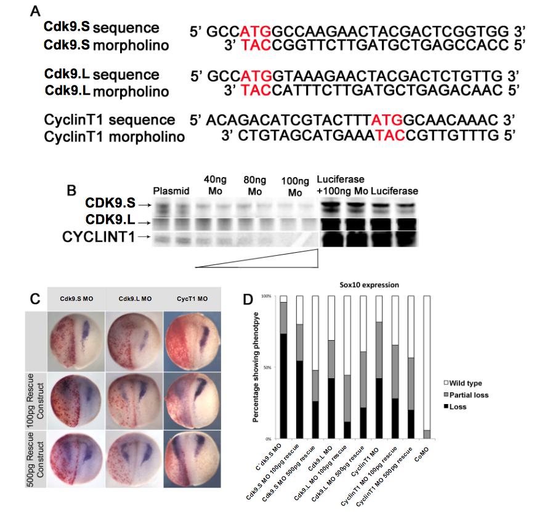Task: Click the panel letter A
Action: [42, 11]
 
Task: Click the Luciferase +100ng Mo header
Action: [341, 184]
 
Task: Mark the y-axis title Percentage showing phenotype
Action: [255, 367]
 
